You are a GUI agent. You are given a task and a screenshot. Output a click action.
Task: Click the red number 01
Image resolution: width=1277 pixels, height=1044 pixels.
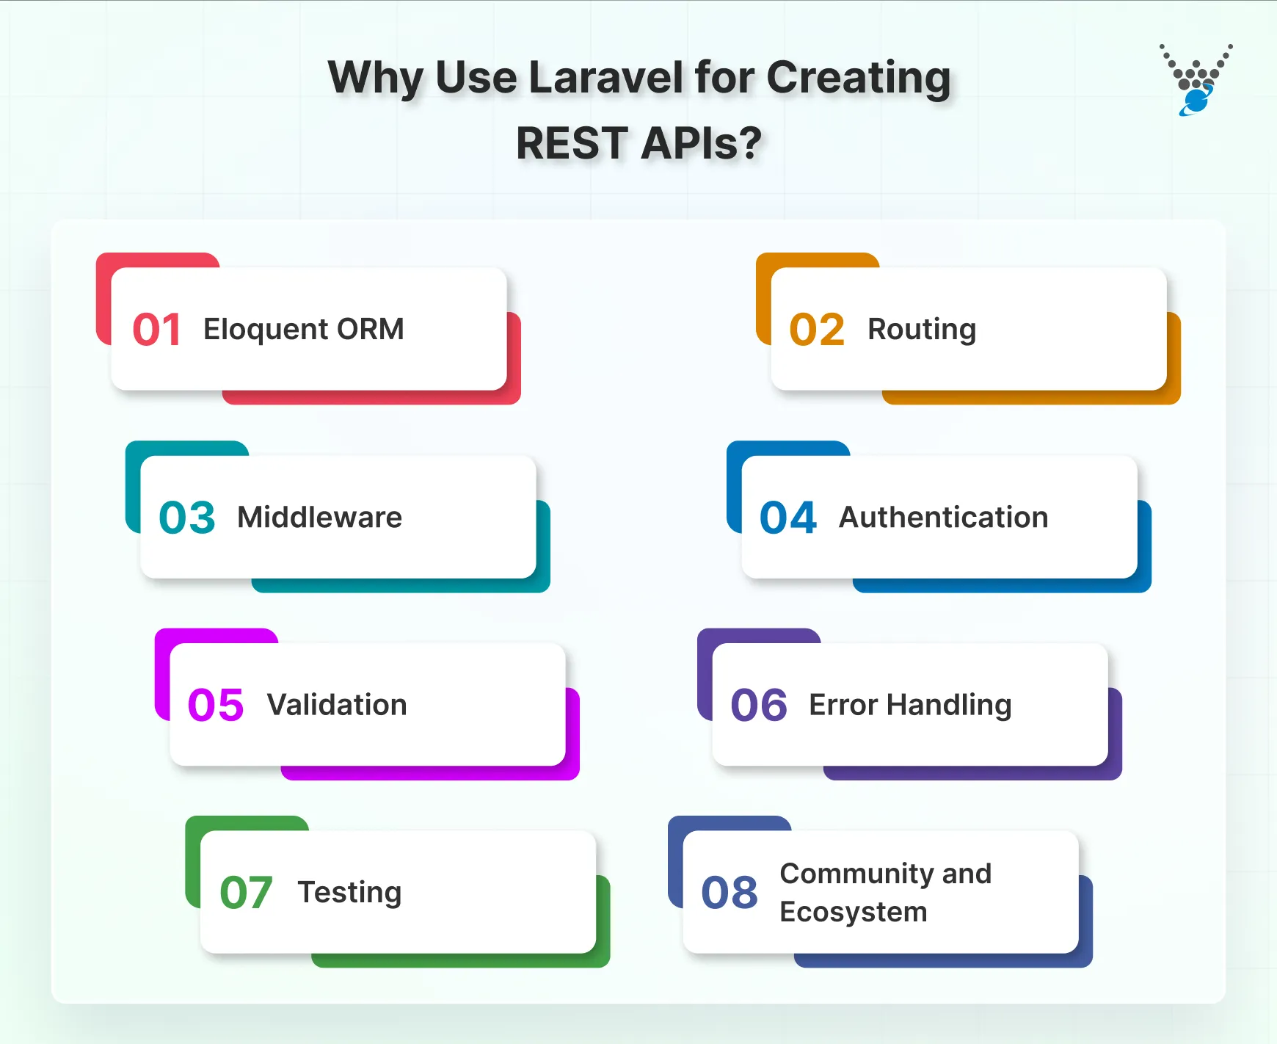(x=156, y=330)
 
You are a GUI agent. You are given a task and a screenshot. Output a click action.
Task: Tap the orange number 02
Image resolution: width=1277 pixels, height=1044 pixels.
(x=816, y=330)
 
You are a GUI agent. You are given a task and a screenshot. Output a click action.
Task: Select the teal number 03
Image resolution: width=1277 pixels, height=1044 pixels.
(x=186, y=518)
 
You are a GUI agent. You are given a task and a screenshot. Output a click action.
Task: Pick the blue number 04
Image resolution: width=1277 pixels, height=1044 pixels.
(x=787, y=518)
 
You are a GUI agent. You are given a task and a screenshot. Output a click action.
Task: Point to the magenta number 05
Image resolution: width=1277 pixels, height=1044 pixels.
(x=215, y=705)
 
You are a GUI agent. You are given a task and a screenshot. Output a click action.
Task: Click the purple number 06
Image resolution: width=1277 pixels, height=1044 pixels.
(x=758, y=705)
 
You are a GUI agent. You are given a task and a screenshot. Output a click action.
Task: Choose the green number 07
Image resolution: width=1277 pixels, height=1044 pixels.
(x=246, y=893)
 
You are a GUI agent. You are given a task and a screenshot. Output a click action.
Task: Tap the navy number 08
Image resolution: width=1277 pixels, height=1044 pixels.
(x=729, y=893)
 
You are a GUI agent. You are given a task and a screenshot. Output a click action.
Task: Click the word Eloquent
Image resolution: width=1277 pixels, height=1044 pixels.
(x=266, y=329)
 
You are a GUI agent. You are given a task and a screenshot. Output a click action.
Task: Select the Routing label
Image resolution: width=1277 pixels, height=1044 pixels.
(x=922, y=329)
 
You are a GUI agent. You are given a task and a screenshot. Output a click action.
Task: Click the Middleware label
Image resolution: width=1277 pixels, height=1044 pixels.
(x=319, y=518)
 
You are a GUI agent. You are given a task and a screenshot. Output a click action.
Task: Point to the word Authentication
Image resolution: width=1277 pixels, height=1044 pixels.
(x=943, y=518)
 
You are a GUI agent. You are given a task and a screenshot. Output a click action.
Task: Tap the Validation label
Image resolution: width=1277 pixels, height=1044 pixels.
(x=337, y=705)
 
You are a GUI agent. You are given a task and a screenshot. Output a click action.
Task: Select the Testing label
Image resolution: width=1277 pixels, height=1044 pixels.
(x=349, y=893)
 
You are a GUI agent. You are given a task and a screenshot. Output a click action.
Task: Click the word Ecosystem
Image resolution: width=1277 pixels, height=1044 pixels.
(x=853, y=912)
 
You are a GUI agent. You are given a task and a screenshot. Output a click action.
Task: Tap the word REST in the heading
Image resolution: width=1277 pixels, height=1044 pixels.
(x=572, y=143)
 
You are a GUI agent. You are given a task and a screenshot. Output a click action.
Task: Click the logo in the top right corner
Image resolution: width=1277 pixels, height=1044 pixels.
(x=1196, y=79)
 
